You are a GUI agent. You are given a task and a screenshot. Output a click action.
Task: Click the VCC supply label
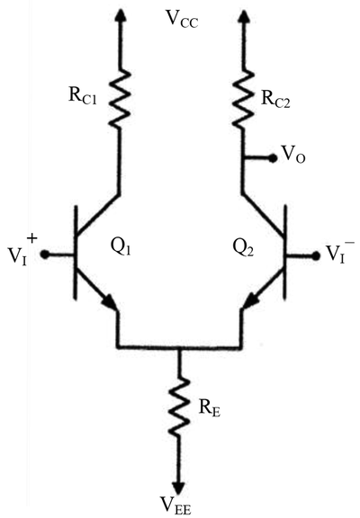click(183, 20)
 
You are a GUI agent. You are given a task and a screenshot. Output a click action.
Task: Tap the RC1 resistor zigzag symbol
click(120, 98)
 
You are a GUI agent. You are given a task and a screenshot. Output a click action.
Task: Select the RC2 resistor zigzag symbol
click(244, 98)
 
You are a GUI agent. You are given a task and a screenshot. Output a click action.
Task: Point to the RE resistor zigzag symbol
click(179, 407)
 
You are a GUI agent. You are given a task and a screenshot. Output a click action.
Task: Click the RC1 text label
click(83, 96)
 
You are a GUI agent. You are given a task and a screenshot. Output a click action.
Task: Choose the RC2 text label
click(275, 99)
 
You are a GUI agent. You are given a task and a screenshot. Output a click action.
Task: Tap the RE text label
click(210, 408)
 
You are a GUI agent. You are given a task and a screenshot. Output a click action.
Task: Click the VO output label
click(292, 155)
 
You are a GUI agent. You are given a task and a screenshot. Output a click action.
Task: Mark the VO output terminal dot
click(273, 159)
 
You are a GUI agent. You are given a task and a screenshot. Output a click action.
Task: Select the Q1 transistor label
click(120, 246)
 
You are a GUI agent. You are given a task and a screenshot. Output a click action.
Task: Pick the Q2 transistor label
click(243, 247)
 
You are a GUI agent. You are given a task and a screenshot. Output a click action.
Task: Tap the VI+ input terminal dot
click(45, 255)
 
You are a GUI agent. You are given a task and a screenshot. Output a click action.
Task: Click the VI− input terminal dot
click(317, 255)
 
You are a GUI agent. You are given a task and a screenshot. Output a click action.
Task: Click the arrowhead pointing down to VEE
click(179, 487)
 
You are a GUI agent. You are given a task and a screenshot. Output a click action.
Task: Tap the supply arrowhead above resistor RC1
click(120, 16)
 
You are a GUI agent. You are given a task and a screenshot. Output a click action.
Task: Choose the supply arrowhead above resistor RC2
click(244, 16)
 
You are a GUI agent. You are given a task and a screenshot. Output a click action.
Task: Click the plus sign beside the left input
click(32, 237)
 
